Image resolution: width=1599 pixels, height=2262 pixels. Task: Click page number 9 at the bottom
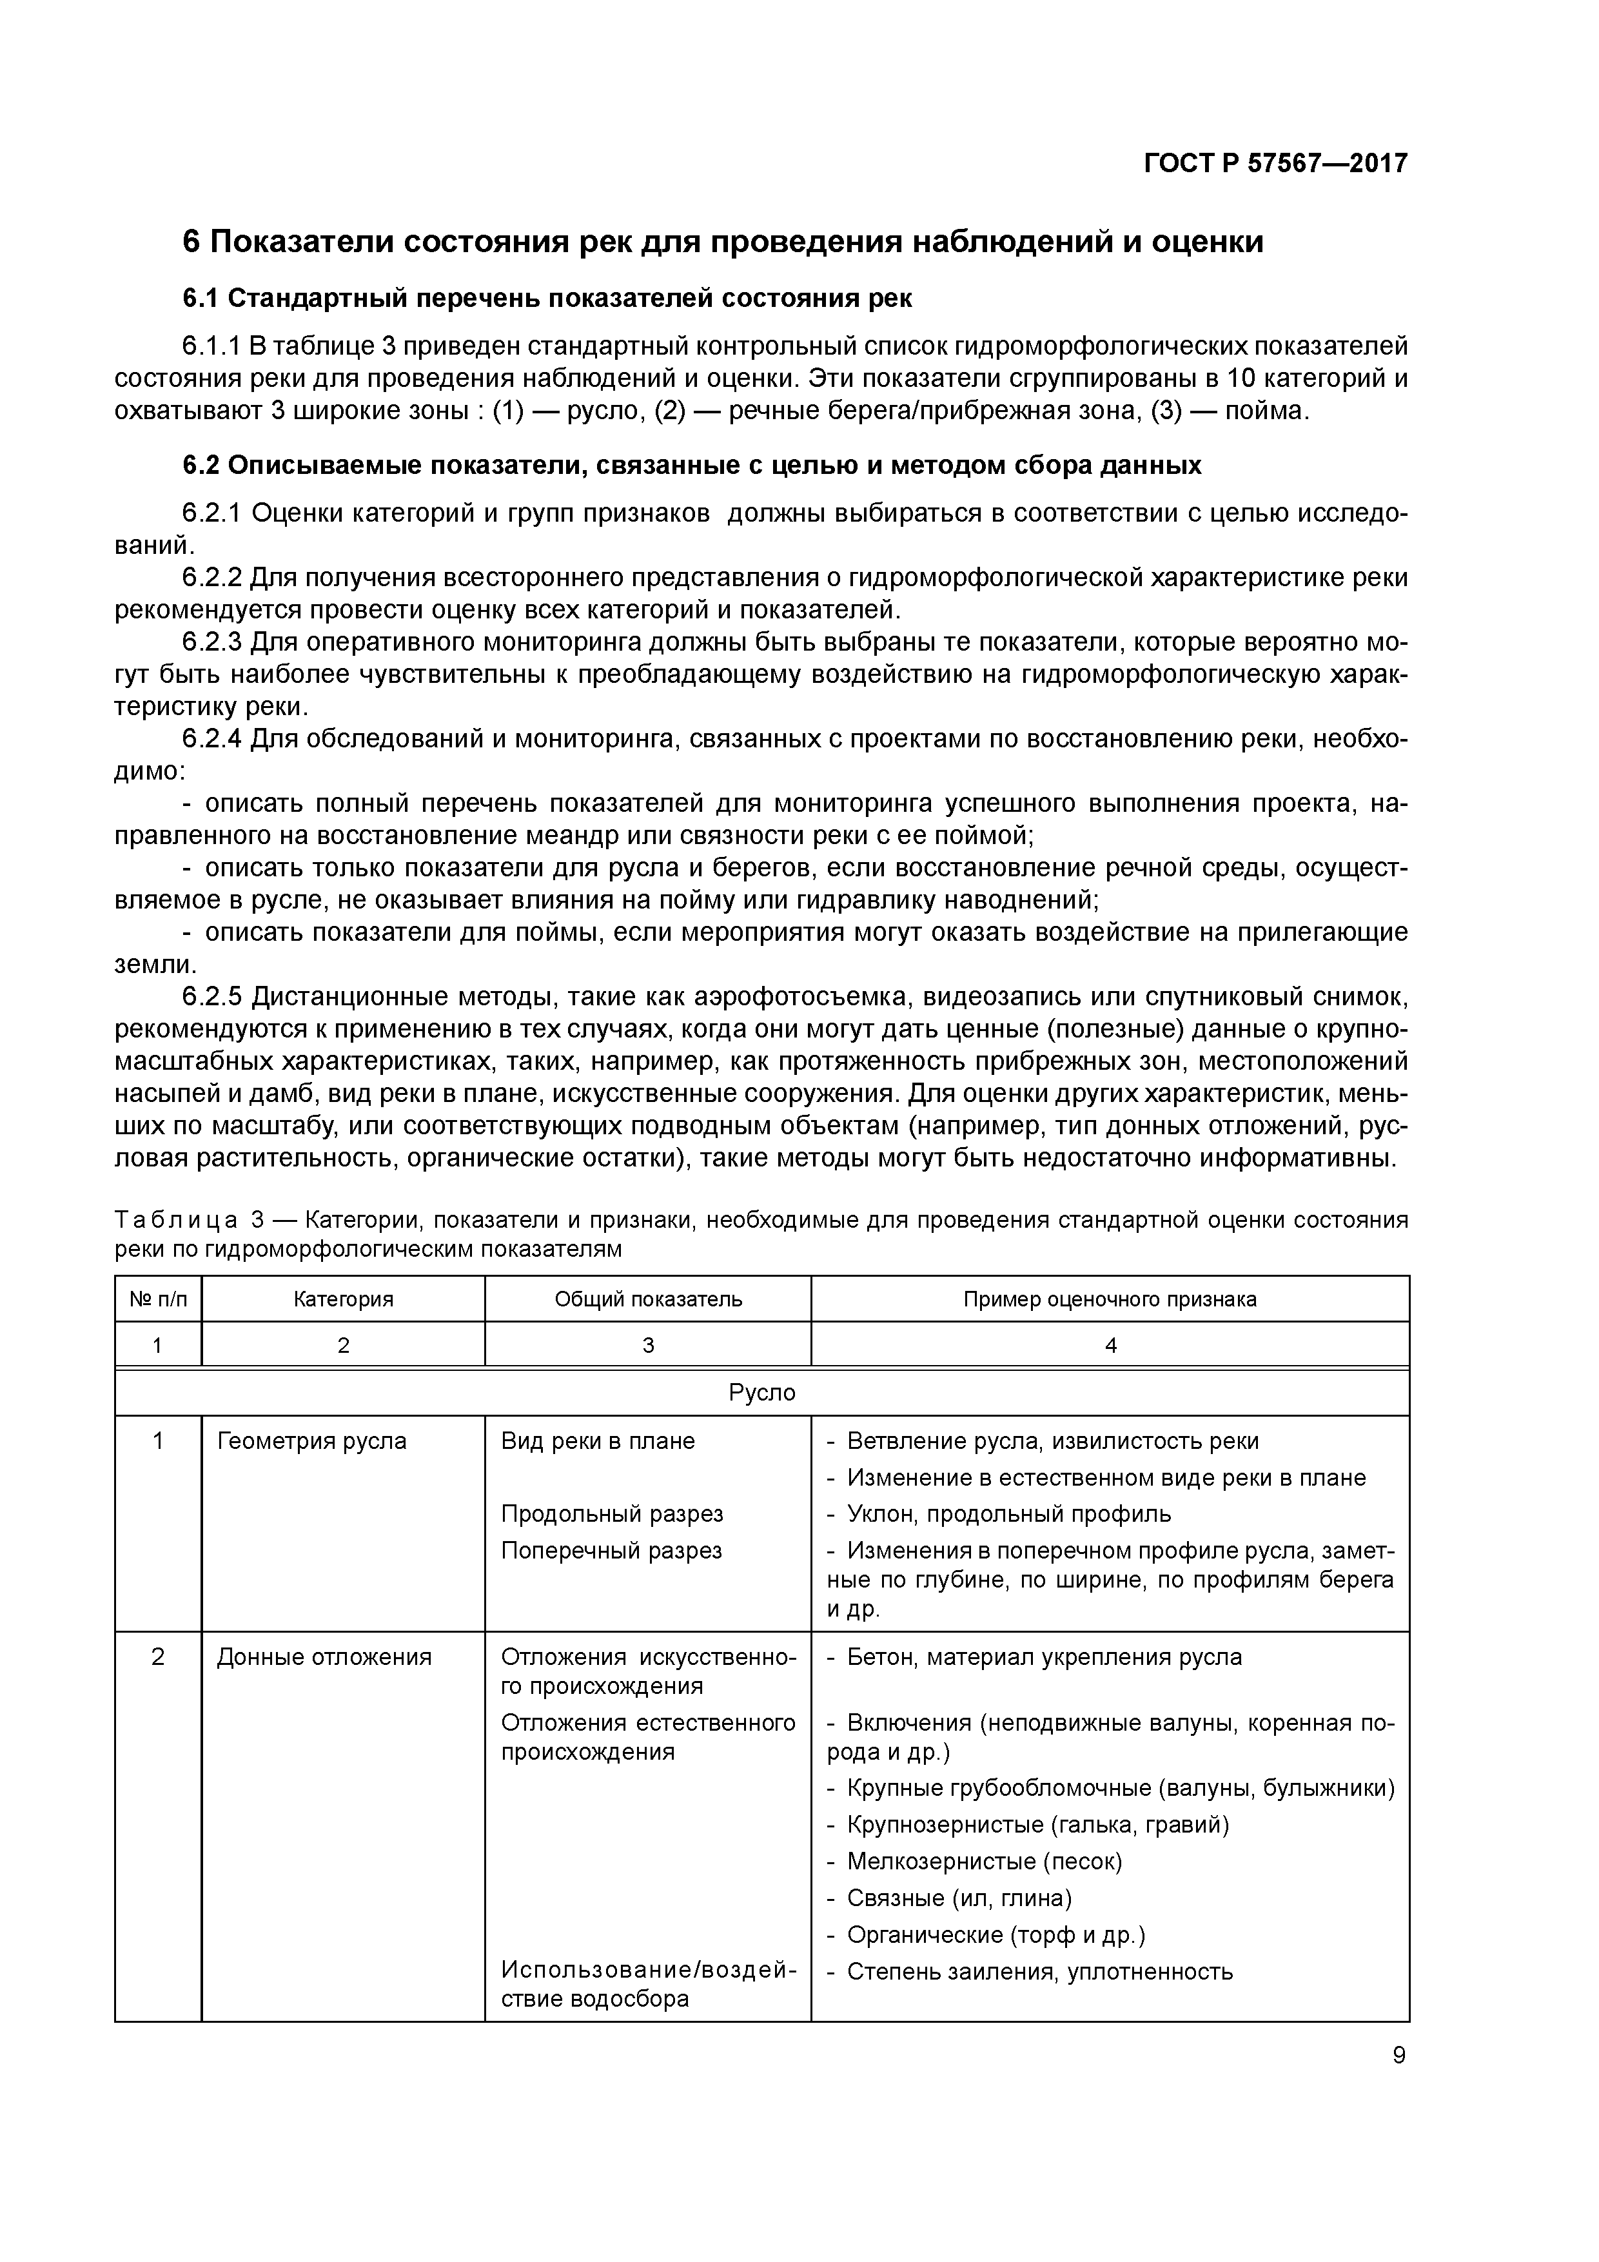click(1399, 2056)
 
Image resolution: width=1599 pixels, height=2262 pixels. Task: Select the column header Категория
click(343, 1299)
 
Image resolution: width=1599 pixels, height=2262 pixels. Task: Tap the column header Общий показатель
click(647, 1299)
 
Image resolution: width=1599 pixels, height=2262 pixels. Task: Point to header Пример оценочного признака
click(1110, 1299)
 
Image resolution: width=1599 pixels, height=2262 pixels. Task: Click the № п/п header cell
click(157, 1299)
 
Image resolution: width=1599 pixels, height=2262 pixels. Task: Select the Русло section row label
click(761, 1393)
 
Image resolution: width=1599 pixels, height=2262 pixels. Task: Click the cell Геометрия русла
click(311, 1441)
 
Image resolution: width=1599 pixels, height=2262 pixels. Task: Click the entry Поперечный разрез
click(611, 1551)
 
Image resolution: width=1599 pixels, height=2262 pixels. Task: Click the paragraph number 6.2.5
click(212, 997)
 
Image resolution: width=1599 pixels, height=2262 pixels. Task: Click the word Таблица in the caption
click(175, 1221)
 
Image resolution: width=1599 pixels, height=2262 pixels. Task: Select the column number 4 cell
click(1110, 1345)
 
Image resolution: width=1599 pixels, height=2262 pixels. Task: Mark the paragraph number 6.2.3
click(212, 642)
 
